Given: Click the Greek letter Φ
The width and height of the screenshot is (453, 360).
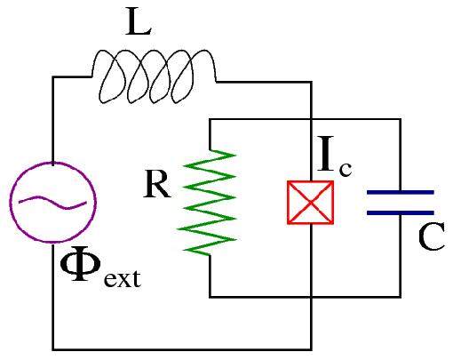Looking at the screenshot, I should pyautogui.click(x=81, y=267).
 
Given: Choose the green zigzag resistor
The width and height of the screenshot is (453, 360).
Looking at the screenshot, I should pyautogui.click(x=210, y=201).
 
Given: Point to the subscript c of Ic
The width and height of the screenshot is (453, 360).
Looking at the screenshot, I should pyautogui.click(x=345, y=171).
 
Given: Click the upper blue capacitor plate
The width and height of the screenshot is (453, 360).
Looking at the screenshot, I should pyautogui.click(x=400, y=190).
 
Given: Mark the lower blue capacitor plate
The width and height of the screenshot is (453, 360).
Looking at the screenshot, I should pyautogui.click(x=400, y=213).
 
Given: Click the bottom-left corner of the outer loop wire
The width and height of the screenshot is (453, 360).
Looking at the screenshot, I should pyautogui.click(x=52, y=348).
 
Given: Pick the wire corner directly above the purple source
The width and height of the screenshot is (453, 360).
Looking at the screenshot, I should pyautogui.click(x=52, y=77).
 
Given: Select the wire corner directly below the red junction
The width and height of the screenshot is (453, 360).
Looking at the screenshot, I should pyautogui.click(x=309, y=348).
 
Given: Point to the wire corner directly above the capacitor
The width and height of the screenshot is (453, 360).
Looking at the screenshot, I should pyautogui.click(x=400, y=120).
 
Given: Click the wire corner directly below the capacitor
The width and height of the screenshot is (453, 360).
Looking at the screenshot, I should pyautogui.click(x=400, y=296).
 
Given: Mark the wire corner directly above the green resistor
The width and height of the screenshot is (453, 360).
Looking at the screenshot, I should pyautogui.click(x=210, y=120).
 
